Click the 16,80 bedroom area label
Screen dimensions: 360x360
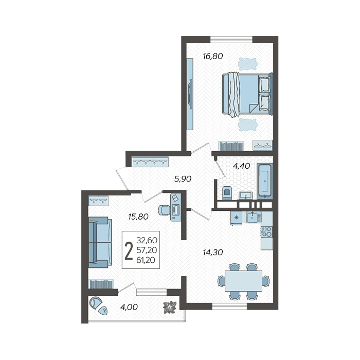(213, 56)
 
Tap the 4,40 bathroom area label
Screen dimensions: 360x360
(241, 166)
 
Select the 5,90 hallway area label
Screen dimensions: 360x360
(183, 178)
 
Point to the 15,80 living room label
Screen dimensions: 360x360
(138, 217)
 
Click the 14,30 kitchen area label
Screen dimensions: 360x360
(213, 253)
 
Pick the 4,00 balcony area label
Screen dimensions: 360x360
(129, 307)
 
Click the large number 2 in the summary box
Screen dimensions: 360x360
(129, 251)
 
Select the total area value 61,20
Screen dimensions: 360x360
(146, 260)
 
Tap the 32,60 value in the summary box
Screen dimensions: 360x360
(147, 240)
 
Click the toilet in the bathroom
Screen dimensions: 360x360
(227, 193)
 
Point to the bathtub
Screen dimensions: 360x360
(265, 181)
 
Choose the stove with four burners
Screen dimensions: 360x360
(267, 232)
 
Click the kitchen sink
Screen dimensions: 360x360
(253, 217)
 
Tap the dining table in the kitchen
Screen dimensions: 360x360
(243, 281)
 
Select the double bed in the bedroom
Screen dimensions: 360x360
(247, 94)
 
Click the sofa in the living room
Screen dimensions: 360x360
(100, 242)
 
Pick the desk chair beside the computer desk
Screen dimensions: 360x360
(164, 210)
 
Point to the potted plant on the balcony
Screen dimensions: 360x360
(170, 307)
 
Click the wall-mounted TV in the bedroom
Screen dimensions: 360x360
(190, 94)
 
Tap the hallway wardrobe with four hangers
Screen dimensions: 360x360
(150, 161)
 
